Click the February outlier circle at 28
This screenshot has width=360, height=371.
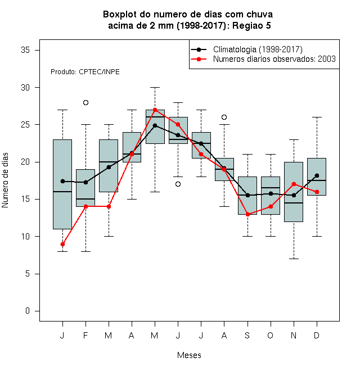tap(85, 102)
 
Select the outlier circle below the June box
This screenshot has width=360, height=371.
tap(178, 184)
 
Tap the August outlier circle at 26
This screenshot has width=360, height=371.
tap(224, 117)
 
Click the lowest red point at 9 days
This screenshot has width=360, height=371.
tap(63, 244)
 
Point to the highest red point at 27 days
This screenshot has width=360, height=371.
tap(155, 110)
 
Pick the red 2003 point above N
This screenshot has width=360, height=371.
tap(294, 184)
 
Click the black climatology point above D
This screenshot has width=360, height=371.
tap(317, 175)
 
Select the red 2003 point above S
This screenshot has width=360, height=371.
tap(247, 214)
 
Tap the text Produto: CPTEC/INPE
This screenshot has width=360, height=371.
tap(85, 72)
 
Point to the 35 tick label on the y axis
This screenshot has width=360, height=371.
tap(25, 50)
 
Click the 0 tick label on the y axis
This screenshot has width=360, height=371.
tap(28, 311)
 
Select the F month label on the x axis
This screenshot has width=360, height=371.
tap(85, 335)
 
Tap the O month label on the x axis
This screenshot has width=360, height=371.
tap(271, 335)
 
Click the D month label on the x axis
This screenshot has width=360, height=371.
tap(317, 335)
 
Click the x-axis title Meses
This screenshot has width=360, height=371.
tap(189, 355)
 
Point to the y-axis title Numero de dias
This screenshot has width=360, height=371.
tap(5, 180)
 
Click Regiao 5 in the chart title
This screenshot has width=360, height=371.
tap(251, 25)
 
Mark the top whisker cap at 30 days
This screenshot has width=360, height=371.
tap(155, 87)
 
